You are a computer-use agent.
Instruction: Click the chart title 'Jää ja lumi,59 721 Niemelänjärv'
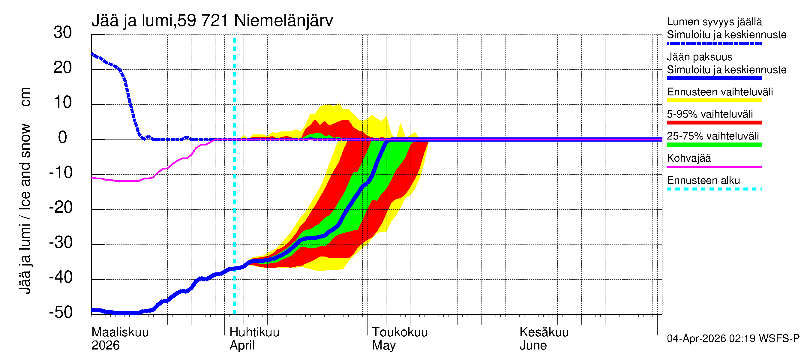[x=212, y=21]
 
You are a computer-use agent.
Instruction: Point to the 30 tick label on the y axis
[x=63, y=32]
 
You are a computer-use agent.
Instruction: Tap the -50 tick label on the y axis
[x=61, y=312]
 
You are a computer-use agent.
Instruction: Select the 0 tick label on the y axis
[x=63, y=137]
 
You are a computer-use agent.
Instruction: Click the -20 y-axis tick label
[x=61, y=208]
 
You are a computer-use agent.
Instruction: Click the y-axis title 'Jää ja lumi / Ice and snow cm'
[x=25, y=190]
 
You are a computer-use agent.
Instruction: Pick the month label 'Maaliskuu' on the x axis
[x=120, y=332]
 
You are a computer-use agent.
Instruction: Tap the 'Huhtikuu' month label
[x=254, y=332]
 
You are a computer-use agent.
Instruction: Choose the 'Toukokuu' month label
[x=399, y=332]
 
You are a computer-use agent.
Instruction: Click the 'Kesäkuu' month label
[x=544, y=332]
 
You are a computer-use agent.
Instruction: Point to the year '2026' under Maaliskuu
[x=105, y=345]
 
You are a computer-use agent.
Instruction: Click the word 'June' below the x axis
[x=533, y=345]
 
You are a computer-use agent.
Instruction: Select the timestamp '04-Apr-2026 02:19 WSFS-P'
[x=733, y=338]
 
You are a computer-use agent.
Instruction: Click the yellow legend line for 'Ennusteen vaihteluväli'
[x=714, y=100]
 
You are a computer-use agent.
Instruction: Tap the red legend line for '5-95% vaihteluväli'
[x=714, y=123]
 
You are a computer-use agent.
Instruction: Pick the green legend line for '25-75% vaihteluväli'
[x=714, y=145]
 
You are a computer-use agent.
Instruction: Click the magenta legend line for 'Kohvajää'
[x=714, y=166]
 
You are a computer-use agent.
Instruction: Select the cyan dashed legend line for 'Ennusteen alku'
[x=714, y=189]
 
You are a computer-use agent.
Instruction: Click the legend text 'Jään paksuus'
[x=699, y=57]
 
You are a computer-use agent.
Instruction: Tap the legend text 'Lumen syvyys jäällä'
[x=714, y=22]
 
